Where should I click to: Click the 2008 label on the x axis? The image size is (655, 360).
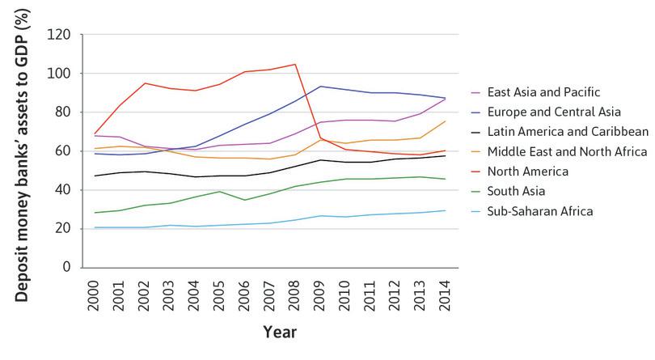(295, 290)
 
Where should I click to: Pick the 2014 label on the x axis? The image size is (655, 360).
(444, 290)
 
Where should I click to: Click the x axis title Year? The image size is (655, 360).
(278, 332)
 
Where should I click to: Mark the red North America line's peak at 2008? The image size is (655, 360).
(295, 64)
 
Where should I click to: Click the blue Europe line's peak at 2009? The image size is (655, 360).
(320, 86)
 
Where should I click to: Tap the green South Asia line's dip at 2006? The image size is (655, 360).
(246, 200)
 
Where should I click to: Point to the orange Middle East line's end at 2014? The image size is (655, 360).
(444, 121)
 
